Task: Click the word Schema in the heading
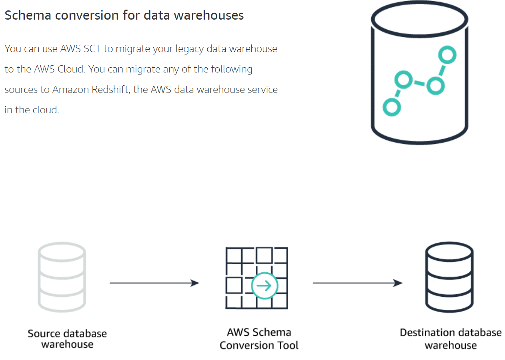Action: (x=28, y=15)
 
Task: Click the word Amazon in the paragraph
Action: (x=70, y=90)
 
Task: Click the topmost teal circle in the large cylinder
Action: (x=447, y=55)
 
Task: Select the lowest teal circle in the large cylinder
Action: (x=391, y=107)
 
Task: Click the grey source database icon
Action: (x=62, y=278)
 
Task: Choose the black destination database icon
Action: (x=449, y=278)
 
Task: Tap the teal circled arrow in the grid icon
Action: (x=264, y=286)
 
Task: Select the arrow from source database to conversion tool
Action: (x=154, y=283)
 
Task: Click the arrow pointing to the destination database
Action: (x=357, y=283)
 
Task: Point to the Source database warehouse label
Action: (x=67, y=339)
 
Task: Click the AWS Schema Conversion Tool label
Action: (x=259, y=339)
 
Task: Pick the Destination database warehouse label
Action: (x=451, y=339)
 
